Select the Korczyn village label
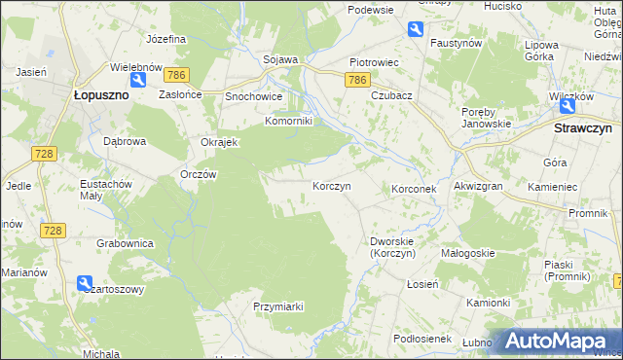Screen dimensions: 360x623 coord(331,185)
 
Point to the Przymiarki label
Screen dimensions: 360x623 coord(278,306)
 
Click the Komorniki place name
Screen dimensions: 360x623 coord(288,122)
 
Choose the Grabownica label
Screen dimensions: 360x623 coord(122,241)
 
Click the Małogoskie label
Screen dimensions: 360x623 coord(468,253)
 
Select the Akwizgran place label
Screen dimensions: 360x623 coord(477,187)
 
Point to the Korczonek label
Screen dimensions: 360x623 coord(418,188)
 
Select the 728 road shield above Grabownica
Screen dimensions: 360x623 coord(53,230)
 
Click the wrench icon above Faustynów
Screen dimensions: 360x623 coord(416,29)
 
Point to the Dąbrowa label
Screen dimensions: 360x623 coord(125,140)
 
